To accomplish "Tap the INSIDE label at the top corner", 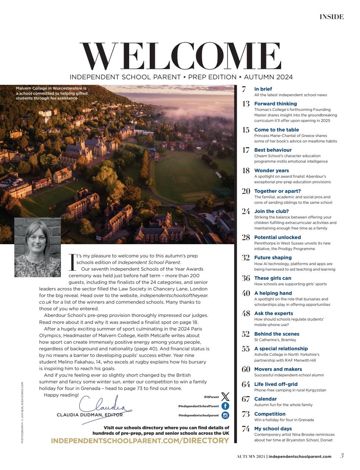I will coord(331,17).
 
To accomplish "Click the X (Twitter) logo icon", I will coord(225,397).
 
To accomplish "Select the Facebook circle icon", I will coord(225,406).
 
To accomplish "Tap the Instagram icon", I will coord(225,416).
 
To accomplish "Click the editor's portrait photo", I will coord(37,247).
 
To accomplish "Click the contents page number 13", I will coord(246,104).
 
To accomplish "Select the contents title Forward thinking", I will coord(275,104).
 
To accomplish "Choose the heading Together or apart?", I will coord(277,191).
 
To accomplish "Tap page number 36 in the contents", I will coord(246,278).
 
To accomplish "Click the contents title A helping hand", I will coord(273,293).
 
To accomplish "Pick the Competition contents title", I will coord(270,414).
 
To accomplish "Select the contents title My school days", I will coord(273,429).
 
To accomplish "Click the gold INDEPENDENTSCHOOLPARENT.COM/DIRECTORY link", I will coord(140,441).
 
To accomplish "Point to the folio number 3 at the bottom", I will coord(342,456).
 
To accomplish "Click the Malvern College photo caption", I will coord(51,93).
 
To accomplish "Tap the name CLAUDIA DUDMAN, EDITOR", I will coord(90,415).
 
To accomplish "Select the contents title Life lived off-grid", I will coord(276,384).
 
